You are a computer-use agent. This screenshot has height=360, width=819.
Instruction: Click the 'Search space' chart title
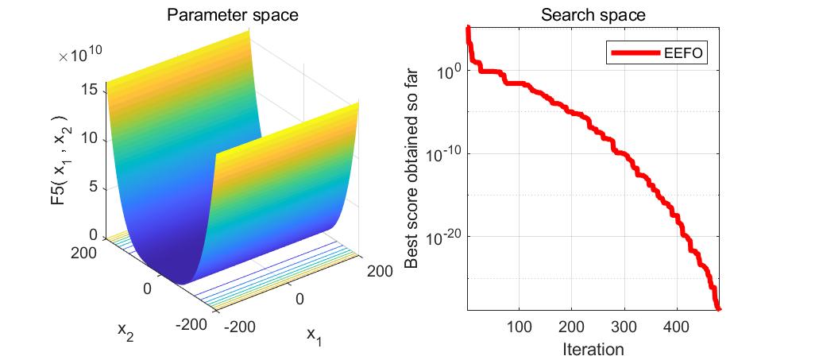[593, 15]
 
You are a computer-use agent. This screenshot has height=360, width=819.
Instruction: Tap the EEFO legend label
[685, 53]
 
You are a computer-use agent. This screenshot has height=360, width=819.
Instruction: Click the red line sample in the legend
[635, 53]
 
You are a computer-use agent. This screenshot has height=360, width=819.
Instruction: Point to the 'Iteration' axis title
[593, 348]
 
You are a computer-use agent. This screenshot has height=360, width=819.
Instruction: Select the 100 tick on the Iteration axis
[519, 327]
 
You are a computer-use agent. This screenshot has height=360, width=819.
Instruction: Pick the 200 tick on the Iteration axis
[571, 327]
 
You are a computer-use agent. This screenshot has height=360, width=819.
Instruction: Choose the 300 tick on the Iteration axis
[624, 327]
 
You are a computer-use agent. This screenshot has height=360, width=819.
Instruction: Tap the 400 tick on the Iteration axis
[676, 327]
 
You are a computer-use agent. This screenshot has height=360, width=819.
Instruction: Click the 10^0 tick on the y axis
[446, 70]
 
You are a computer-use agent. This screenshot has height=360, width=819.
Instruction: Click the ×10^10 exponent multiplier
[79, 56]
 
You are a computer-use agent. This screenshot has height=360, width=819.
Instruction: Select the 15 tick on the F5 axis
[89, 90]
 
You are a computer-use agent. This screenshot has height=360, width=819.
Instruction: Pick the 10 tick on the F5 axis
[89, 138]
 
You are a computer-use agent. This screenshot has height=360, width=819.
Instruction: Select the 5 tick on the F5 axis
[94, 187]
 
